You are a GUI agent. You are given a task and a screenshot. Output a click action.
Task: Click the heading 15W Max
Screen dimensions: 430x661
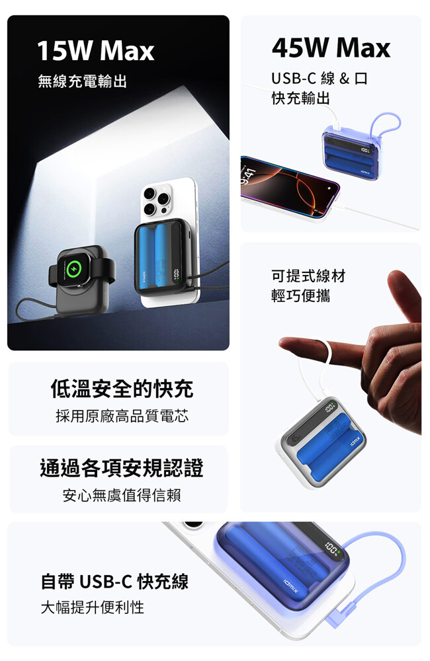click(96, 51)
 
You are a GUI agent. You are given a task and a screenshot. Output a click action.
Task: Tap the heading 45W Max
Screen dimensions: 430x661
click(331, 48)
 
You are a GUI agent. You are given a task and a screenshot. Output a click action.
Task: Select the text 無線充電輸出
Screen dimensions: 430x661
click(82, 81)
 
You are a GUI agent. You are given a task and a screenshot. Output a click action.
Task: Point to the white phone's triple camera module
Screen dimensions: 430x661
click(157, 200)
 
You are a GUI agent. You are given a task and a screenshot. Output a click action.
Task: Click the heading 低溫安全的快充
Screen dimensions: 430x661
click(122, 388)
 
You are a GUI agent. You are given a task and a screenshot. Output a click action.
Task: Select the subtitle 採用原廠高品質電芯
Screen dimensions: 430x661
click(122, 416)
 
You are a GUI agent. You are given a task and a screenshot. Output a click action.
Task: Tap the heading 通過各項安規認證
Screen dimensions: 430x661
click(122, 468)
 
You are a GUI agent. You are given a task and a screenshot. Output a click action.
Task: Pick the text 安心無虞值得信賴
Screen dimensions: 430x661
click(122, 495)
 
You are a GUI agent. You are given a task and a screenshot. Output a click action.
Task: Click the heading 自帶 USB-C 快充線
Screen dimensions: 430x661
click(114, 581)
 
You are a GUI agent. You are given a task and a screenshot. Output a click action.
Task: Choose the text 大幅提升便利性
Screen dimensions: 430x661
click(93, 607)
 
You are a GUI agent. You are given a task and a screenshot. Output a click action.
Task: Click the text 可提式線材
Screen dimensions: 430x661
click(308, 276)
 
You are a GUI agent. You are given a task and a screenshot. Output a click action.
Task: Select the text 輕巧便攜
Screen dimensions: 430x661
click(301, 295)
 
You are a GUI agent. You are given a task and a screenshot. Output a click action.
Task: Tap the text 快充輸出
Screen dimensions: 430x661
click(301, 98)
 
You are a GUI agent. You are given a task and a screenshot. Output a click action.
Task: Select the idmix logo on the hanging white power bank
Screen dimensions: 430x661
click(355, 442)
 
